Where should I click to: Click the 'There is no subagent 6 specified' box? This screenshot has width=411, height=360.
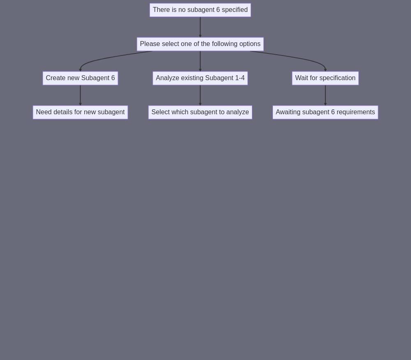[200, 10]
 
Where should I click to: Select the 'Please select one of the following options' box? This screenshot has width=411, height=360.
[200, 44]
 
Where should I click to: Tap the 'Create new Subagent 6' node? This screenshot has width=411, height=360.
[80, 78]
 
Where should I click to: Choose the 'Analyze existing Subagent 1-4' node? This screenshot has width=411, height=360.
[200, 78]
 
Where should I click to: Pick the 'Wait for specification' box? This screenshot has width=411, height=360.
[325, 78]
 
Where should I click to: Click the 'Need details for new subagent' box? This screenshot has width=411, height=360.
[80, 112]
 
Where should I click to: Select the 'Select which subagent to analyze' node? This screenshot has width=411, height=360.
[200, 112]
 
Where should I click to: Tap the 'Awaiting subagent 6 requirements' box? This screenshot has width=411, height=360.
[325, 112]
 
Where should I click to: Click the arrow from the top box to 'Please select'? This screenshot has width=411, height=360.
[200, 27]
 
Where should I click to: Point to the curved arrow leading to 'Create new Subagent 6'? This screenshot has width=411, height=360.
[105, 59]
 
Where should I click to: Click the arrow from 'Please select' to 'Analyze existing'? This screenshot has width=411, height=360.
[200, 61]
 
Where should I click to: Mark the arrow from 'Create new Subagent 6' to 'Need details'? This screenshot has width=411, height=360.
[80, 95]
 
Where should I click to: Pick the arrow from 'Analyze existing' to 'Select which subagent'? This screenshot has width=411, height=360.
[200, 95]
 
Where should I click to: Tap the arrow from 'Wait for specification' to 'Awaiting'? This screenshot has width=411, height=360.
[325, 95]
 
